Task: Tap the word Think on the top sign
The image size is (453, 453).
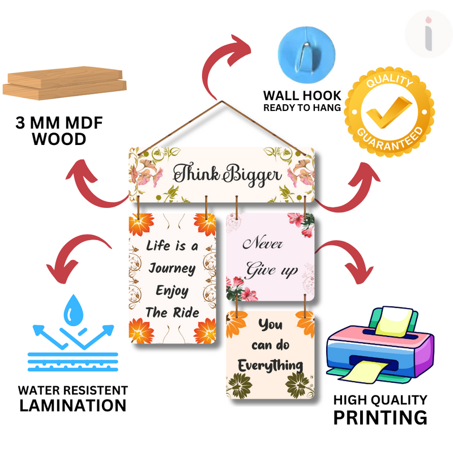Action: pyautogui.click(x=196, y=173)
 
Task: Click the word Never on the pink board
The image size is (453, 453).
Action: pyautogui.click(x=263, y=245)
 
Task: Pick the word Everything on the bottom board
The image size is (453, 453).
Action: pyautogui.click(x=270, y=365)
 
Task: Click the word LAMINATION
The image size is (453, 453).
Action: pyautogui.click(x=72, y=405)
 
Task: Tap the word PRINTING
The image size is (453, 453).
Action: pyautogui.click(x=379, y=417)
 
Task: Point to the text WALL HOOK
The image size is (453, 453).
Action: pyautogui.click(x=302, y=95)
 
